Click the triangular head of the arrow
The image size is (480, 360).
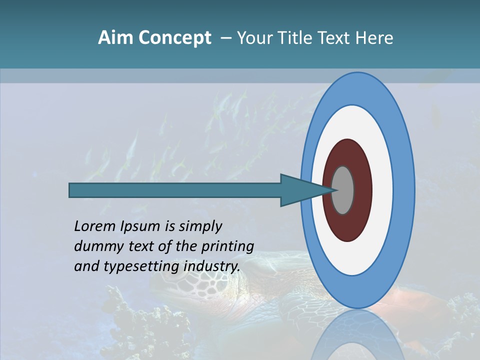pos(300,190)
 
